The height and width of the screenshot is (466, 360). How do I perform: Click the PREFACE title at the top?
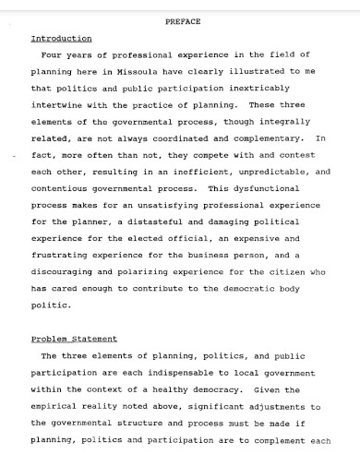182,20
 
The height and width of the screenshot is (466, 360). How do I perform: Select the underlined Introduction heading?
61,39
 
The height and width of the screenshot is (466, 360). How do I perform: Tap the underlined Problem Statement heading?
74,339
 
